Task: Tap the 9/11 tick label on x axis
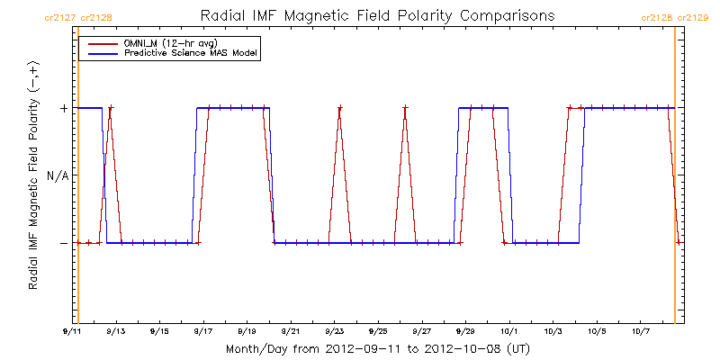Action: (x=72, y=331)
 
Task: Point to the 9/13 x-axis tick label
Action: (x=116, y=331)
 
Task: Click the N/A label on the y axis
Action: (x=57, y=175)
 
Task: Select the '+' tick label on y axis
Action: (x=63, y=108)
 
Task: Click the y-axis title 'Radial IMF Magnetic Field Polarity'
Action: (x=33, y=175)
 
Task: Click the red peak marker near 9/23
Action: (x=340, y=108)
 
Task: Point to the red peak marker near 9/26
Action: (x=405, y=108)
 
